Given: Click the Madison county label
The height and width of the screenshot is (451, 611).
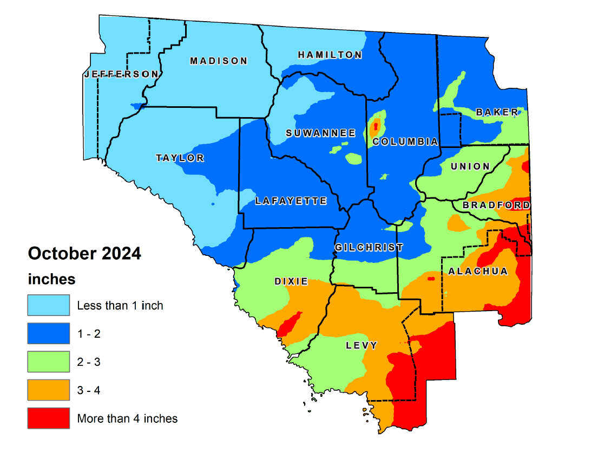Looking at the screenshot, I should [219, 61].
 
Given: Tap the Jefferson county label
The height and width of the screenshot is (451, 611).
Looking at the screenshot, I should [121, 74].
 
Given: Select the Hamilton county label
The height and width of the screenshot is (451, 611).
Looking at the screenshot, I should [330, 55].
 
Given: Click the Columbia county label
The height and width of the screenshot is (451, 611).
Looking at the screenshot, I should [405, 141].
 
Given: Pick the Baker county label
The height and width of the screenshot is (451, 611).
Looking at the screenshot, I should [497, 112].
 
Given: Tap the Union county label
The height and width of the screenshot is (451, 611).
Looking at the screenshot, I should [470, 166].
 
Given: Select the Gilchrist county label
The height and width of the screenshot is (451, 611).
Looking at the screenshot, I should [369, 247].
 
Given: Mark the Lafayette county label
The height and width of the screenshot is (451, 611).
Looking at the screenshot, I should [291, 201].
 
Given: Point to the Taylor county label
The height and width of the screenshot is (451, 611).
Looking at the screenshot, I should [180, 158].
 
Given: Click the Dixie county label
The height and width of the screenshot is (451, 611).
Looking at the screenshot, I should [291, 281].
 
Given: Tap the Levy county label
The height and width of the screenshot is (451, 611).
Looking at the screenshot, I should [362, 345].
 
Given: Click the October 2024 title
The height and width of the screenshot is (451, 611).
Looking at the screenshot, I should [84, 253].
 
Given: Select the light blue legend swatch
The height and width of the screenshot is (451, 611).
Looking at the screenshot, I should [49, 305].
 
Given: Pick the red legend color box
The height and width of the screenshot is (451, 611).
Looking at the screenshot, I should [49, 418].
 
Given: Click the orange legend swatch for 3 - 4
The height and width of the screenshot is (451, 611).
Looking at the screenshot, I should [49, 390].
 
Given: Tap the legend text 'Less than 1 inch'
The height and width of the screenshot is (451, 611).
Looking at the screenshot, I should [120, 305].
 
